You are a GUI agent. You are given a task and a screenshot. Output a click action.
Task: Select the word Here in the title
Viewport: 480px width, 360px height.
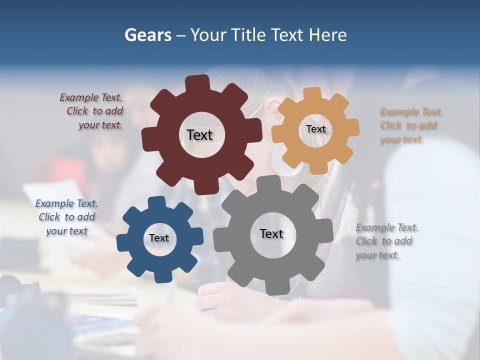tap(328, 35)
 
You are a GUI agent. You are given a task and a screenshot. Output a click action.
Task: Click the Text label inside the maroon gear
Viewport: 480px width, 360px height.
tap(199, 135)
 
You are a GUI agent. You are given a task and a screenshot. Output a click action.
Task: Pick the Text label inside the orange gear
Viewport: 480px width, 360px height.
tap(316, 129)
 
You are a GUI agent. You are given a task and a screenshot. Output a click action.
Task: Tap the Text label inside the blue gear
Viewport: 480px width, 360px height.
tap(159, 238)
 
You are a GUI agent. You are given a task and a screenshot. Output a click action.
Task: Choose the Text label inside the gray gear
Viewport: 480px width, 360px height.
tap(271, 233)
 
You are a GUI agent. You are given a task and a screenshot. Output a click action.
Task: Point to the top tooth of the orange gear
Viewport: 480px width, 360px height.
tap(312, 94)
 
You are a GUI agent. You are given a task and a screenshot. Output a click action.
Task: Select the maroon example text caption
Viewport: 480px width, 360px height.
tap(92, 111)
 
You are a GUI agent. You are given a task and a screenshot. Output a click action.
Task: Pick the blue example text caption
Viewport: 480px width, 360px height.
tap(66, 217)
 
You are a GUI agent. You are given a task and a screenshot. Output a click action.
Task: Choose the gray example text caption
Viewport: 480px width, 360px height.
tap(386, 241)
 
